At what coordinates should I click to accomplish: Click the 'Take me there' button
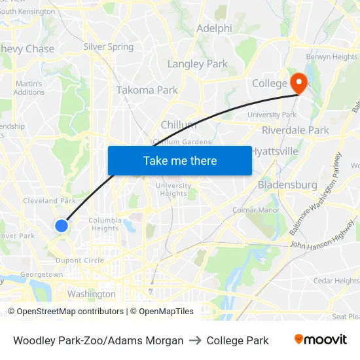tap(180, 160)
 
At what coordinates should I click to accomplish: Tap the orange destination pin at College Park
tap(298, 82)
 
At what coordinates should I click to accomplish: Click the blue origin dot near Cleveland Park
tap(62, 226)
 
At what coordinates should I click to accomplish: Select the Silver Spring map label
tap(108, 47)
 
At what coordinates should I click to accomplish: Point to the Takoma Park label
tap(147, 90)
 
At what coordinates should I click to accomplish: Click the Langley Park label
tap(198, 64)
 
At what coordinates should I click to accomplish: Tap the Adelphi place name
tap(215, 29)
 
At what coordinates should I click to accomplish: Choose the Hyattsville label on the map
tap(275, 151)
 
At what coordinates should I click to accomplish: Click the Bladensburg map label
tap(287, 185)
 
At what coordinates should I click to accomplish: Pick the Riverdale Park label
tap(295, 130)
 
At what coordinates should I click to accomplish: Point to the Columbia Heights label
tap(104, 224)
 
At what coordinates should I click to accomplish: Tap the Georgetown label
tap(41, 275)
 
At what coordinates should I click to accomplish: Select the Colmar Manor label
tap(256, 210)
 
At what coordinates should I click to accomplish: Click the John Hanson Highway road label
tap(321, 246)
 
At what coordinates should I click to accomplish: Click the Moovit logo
tap(321, 340)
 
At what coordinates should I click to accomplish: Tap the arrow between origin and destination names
tap(195, 340)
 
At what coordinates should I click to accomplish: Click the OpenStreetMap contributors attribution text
tap(70, 312)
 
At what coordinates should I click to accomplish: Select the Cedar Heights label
tap(336, 281)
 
